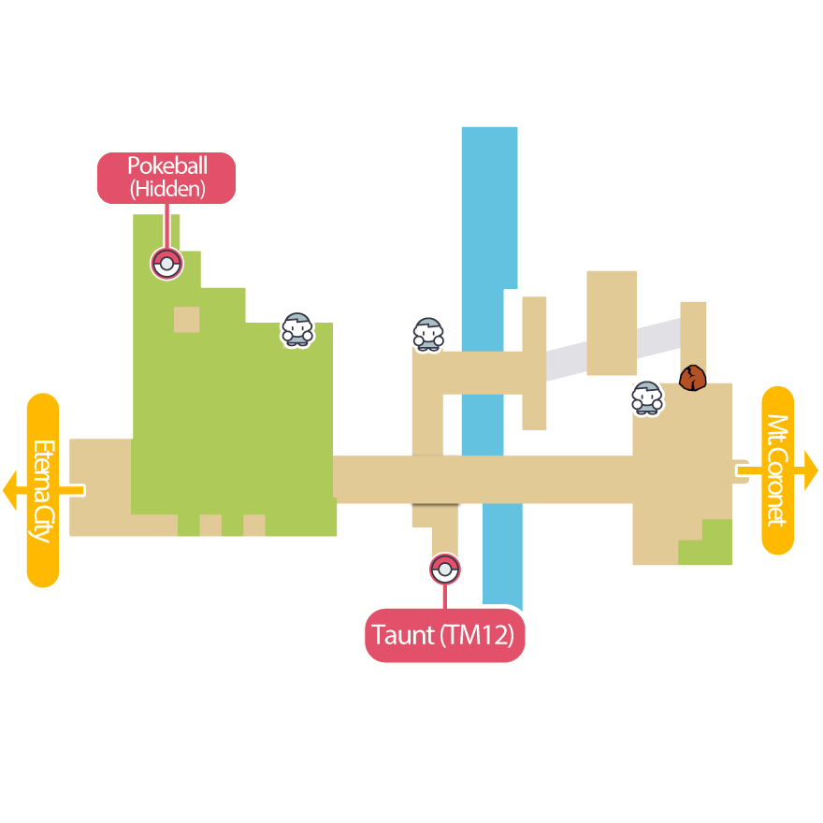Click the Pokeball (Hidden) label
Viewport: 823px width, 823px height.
pos(166,178)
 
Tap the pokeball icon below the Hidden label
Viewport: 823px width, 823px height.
pos(166,265)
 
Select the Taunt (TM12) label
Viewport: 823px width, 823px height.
pos(444,635)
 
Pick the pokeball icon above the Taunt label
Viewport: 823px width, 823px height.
pos(445,569)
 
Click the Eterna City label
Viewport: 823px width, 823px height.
pos(43,490)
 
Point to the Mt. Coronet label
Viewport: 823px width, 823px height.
pos(778,470)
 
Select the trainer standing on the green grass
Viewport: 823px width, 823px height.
pos(297,330)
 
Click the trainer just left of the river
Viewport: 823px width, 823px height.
pos(428,334)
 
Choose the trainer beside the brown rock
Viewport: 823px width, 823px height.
pos(646,398)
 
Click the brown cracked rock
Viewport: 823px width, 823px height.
pos(692,378)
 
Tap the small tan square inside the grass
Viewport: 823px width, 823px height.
pos(187,319)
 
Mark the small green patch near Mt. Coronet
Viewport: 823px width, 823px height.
pos(715,542)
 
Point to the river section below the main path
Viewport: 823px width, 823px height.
pos(502,556)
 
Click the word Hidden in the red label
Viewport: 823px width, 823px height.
pos(166,190)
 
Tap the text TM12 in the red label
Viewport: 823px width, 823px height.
pos(477,635)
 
